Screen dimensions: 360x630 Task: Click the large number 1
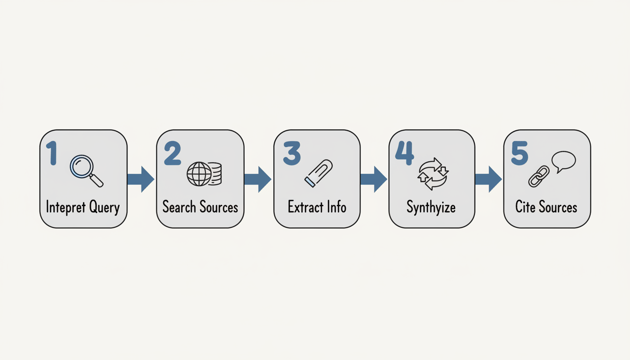point(52,153)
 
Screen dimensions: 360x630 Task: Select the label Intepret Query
point(83,207)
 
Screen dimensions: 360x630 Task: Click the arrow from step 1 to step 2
point(141,179)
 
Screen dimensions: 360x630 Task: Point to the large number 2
point(172,153)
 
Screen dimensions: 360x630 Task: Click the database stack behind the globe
point(215,173)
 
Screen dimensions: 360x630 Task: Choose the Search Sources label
point(200,207)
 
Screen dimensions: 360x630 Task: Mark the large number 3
point(292,153)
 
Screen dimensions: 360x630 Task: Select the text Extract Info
point(317,207)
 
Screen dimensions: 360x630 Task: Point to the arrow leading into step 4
point(373,179)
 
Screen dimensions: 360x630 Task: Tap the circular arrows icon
point(433,174)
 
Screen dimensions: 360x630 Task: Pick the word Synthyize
point(431,207)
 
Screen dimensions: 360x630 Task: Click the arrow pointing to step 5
point(488,179)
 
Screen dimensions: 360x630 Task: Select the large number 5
point(519,153)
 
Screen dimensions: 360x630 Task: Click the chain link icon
point(539,176)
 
